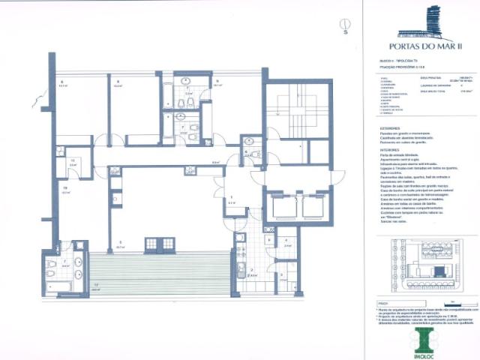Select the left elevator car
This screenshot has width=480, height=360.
coord(284,206)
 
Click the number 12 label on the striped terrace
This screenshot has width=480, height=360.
coord(95,286)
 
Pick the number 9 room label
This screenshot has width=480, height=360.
coord(216,80)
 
